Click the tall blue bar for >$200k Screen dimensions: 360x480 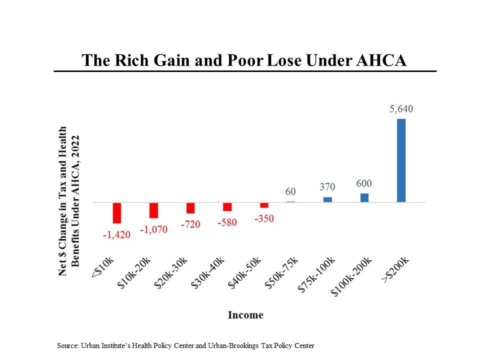coord(401,160)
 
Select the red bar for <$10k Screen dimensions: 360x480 coord(117,212)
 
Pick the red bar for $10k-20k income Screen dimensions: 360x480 coord(153,210)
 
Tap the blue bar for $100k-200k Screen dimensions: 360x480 coord(364,197)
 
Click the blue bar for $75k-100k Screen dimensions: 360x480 coord(327,199)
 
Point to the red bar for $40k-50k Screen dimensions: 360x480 coord(264,205)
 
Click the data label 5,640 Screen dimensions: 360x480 coord(401,109)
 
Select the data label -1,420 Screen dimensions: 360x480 coord(116,235)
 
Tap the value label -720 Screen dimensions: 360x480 coord(190,224)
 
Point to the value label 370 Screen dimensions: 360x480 coord(327,187)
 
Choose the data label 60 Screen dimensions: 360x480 coord(290,191)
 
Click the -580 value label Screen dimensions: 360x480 coord(227,222)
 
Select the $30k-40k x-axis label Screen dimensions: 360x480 coord(208,272)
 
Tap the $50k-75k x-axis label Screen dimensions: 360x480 coord(281,272)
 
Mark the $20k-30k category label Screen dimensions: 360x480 coord(171,272)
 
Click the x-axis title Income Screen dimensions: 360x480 coord(245,315)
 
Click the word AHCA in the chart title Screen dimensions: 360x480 coord(381,60)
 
